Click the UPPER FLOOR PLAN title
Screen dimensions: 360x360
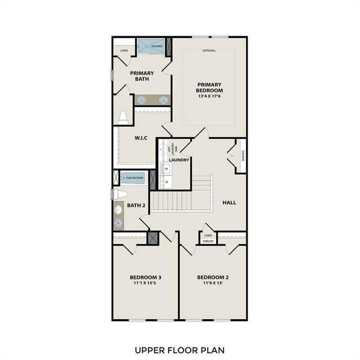[180, 350]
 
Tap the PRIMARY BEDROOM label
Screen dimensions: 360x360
[210, 88]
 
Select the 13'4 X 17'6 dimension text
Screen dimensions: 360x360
[210, 96]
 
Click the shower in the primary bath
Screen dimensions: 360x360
[151, 46]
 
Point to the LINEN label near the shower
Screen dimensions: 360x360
[124, 50]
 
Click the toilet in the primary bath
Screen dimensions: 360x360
[123, 117]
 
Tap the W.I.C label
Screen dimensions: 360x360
[142, 138]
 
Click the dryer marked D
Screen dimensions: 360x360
[167, 182]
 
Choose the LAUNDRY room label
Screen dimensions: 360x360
[179, 160]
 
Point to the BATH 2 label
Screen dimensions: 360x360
[136, 205]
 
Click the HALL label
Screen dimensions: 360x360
[229, 202]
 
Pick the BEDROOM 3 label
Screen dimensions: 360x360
[145, 277]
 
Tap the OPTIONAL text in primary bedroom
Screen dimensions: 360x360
[209, 51]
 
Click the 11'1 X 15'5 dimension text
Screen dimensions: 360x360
[145, 283]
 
